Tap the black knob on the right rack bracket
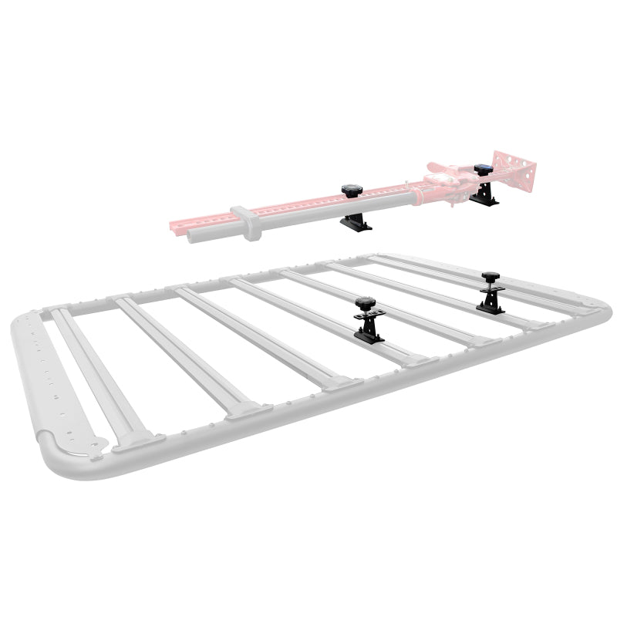(x=490, y=276)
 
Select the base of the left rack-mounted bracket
(x=368, y=334)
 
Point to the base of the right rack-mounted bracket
(x=490, y=306)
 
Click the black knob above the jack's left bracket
(x=352, y=190)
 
